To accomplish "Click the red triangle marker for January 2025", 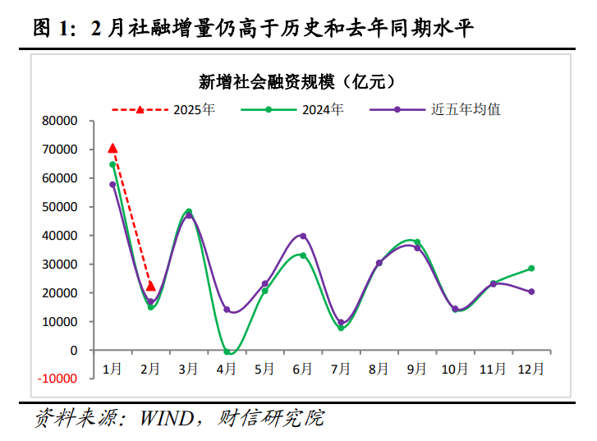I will coord(113,148).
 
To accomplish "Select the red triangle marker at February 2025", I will coord(150,286).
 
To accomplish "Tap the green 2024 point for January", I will coord(113,164).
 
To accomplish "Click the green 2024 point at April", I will coord(227,351).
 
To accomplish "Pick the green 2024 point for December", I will coord(531,269).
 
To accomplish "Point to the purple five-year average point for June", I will coord(303,236).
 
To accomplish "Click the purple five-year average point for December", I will coord(531,292).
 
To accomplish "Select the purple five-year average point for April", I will coord(227,310).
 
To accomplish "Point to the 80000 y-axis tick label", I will coord(59,121).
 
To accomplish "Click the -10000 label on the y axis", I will coord(57,379).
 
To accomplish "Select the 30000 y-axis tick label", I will coord(59,264).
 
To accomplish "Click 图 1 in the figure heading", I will coord(53,30).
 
